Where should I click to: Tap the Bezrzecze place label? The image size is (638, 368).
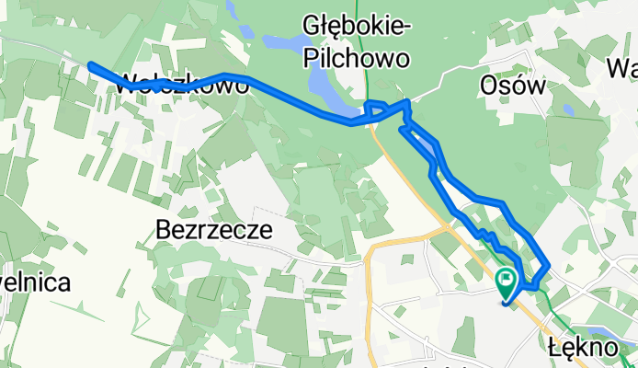tap(214, 230)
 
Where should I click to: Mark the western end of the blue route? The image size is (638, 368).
tap(91, 65)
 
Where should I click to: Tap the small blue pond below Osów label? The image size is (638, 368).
tap(568, 110)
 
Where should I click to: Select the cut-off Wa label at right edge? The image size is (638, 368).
tap(623, 68)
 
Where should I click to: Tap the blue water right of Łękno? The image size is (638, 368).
tap(614, 333)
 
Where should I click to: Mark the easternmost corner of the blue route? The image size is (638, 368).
tap(548, 265)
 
